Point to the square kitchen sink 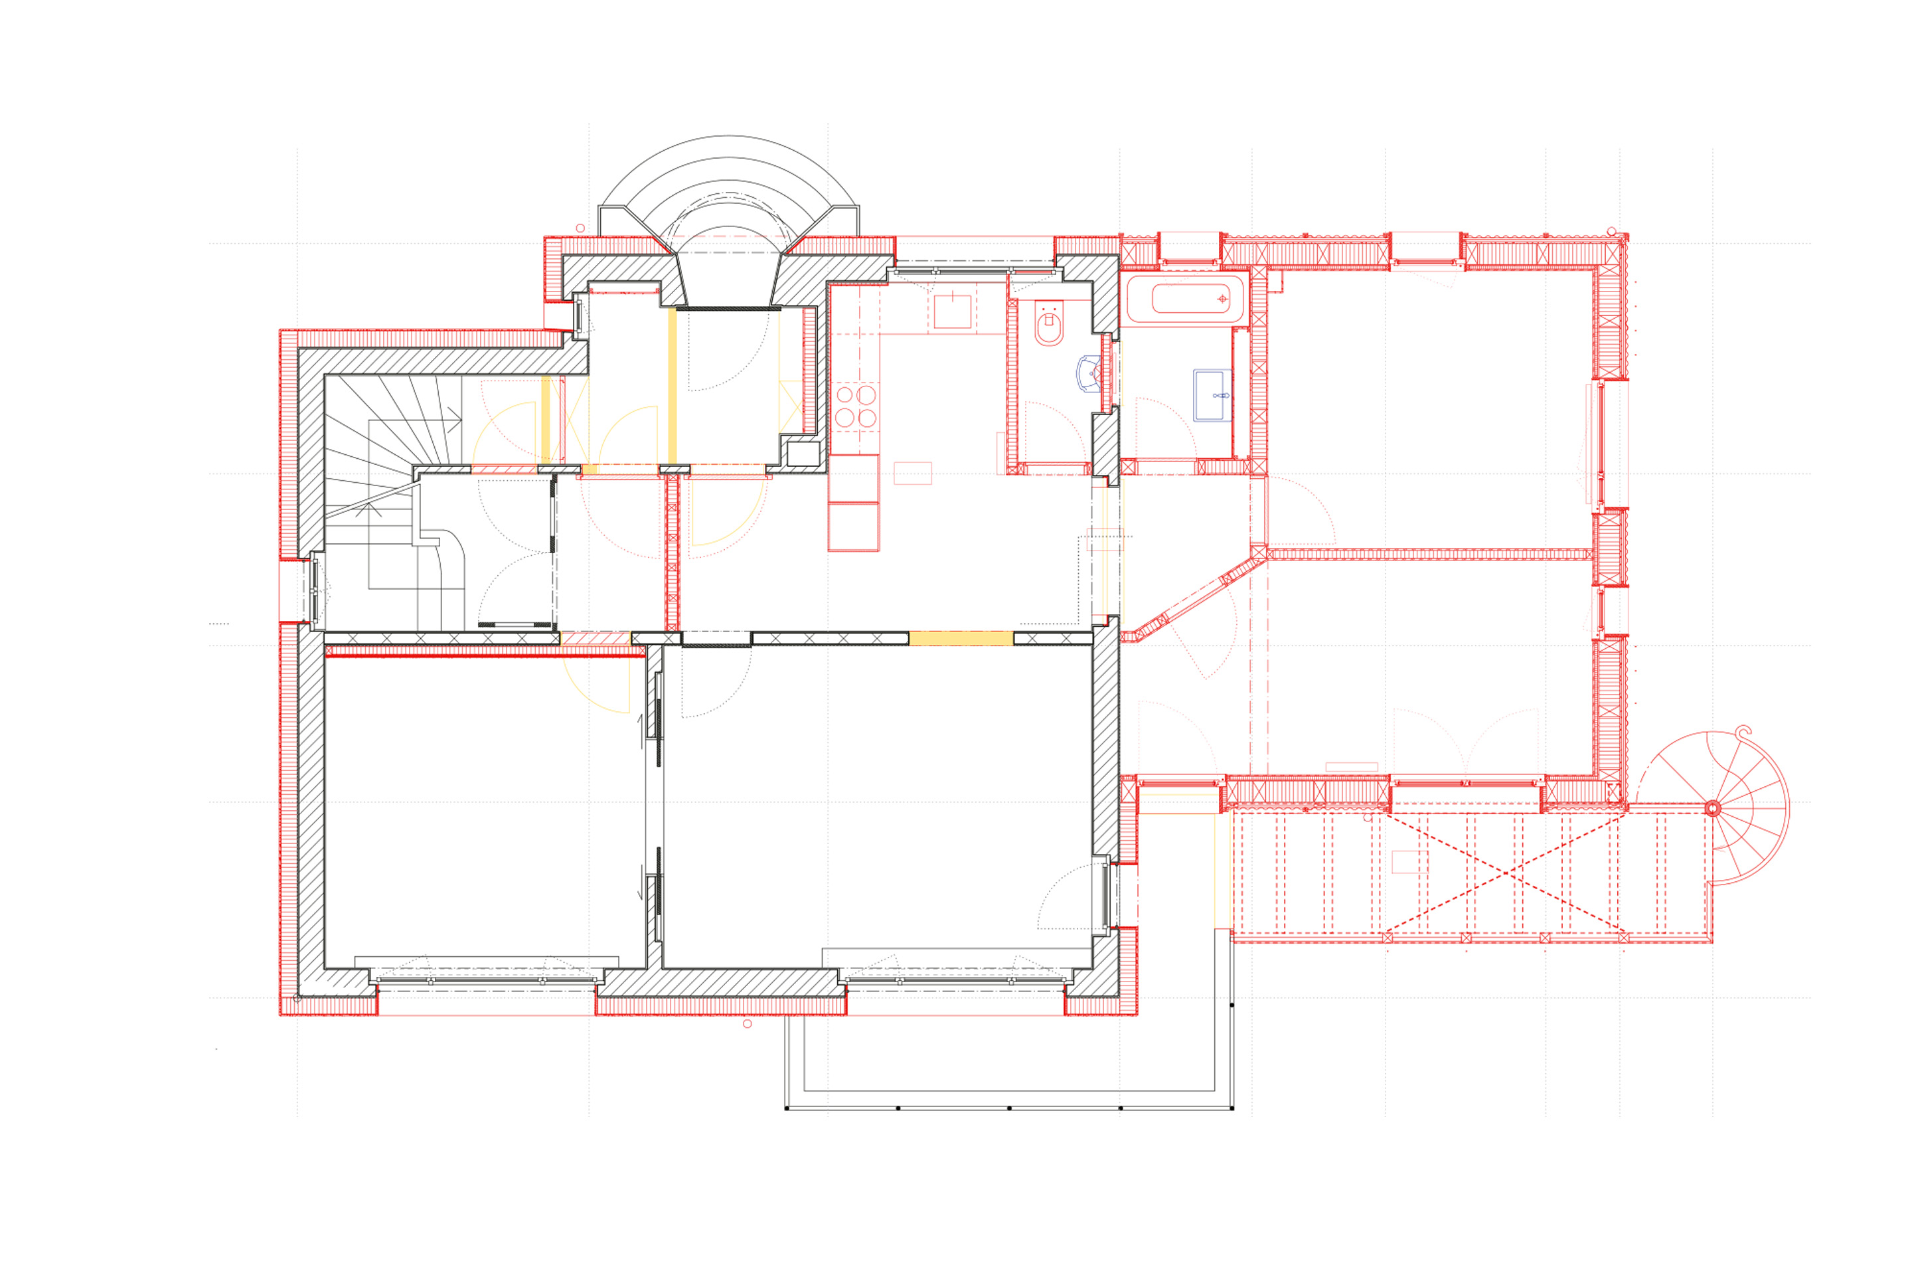(x=952, y=311)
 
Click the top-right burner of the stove (x=866, y=395)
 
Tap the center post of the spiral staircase (x=1712, y=808)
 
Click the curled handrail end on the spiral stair (x=1742, y=732)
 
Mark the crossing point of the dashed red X (x=1506, y=873)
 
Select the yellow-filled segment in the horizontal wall (x=961, y=639)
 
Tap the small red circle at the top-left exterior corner (x=580, y=228)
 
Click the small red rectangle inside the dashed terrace (x=1409, y=862)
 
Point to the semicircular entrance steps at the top (x=728, y=183)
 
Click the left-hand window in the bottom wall (x=486, y=980)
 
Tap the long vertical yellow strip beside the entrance (x=673, y=386)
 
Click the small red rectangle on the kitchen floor (x=912, y=473)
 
